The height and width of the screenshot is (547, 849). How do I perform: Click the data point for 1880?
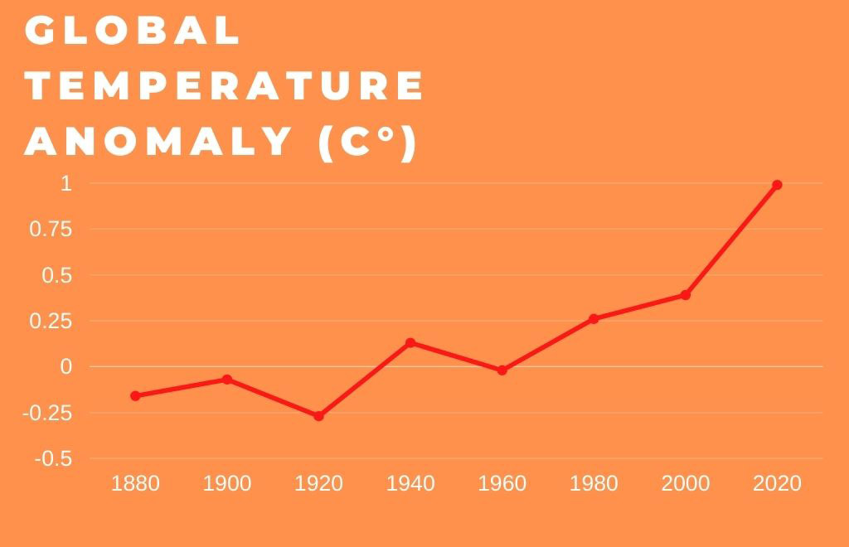tap(135, 395)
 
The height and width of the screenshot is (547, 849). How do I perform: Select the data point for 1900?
tap(227, 379)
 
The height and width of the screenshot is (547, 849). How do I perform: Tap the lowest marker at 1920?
tap(318, 415)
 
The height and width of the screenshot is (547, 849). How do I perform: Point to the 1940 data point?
tap(410, 342)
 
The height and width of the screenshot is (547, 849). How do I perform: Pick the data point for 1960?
tap(502, 370)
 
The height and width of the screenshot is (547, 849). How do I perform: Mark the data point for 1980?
tap(594, 318)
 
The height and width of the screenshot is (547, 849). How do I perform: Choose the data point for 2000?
tap(685, 295)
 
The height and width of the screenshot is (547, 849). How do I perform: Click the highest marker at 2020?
tap(777, 185)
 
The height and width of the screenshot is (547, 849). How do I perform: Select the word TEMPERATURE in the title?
tap(225, 86)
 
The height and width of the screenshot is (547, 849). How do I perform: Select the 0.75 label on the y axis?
tap(51, 230)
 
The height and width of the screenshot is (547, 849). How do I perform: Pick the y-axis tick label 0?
tap(66, 366)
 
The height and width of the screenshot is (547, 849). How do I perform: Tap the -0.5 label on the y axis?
tap(54, 458)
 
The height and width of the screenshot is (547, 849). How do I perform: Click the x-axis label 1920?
tap(318, 483)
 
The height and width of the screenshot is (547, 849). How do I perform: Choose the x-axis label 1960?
tap(502, 483)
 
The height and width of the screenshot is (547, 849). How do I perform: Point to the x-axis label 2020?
tap(777, 483)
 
